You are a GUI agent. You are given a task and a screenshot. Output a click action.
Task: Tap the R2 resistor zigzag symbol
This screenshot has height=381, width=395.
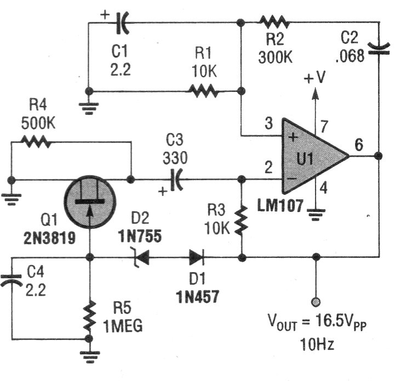273,22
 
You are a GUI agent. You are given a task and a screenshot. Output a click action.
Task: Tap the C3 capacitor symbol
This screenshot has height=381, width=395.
176,179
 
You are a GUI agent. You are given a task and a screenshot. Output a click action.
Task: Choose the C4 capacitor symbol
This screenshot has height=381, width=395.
12,281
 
